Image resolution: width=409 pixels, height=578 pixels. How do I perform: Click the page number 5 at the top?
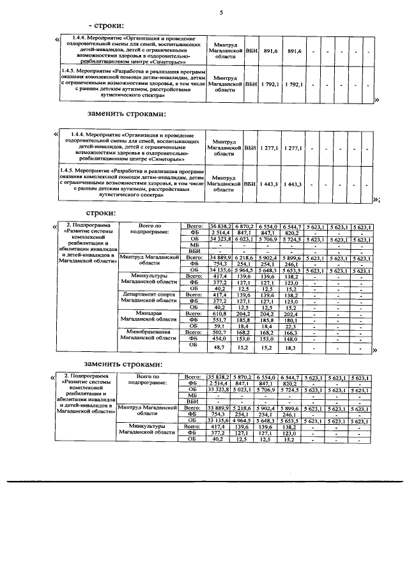(221, 13)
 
